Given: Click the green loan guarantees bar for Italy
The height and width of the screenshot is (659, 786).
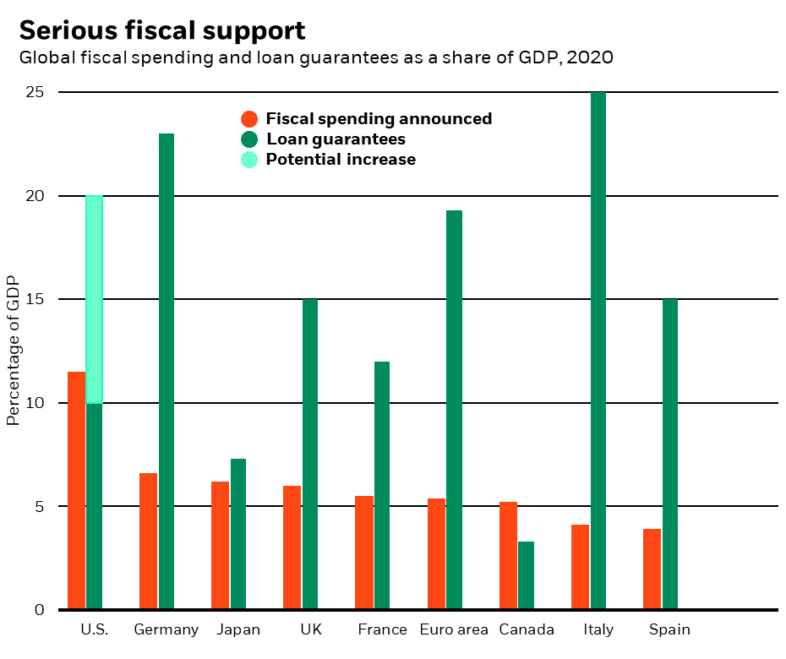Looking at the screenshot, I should pyautogui.click(x=598, y=351).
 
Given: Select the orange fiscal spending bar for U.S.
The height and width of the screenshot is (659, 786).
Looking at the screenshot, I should pyautogui.click(x=76, y=490).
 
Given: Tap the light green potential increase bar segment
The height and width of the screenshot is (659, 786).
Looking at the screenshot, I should pyautogui.click(x=94, y=299).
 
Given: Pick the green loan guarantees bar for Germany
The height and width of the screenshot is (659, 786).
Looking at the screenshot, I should pyautogui.click(x=166, y=371).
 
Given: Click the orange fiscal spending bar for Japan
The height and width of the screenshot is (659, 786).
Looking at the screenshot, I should pyautogui.click(x=220, y=545).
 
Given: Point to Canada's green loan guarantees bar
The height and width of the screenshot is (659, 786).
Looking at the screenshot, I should pyautogui.click(x=526, y=575).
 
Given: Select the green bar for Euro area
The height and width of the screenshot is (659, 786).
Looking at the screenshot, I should pyautogui.click(x=454, y=410).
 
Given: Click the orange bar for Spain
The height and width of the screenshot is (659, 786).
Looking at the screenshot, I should pyautogui.click(x=652, y=569).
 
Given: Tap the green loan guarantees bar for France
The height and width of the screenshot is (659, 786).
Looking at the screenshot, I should pyautogui.click(x=382, y=485).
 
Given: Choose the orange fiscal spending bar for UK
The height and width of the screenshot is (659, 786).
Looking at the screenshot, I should pyautogui.click(x=292, y=547).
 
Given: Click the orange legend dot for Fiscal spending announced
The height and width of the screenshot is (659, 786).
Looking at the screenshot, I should pyautogui.click(x=249, y=119).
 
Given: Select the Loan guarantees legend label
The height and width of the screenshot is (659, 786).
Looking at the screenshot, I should pyautogui.click(x=336, y=139).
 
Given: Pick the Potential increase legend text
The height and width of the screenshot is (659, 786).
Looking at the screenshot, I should pyautogui.click(x=341, y=160).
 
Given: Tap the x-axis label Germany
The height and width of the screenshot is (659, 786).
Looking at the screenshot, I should pyautogui.click(x=166, y=629).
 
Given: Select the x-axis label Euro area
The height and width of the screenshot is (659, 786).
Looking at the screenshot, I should pyautogui.click(x=454, y=629).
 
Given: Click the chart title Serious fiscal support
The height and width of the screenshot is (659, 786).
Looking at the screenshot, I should pyautogui.click(x=161, y=30).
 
